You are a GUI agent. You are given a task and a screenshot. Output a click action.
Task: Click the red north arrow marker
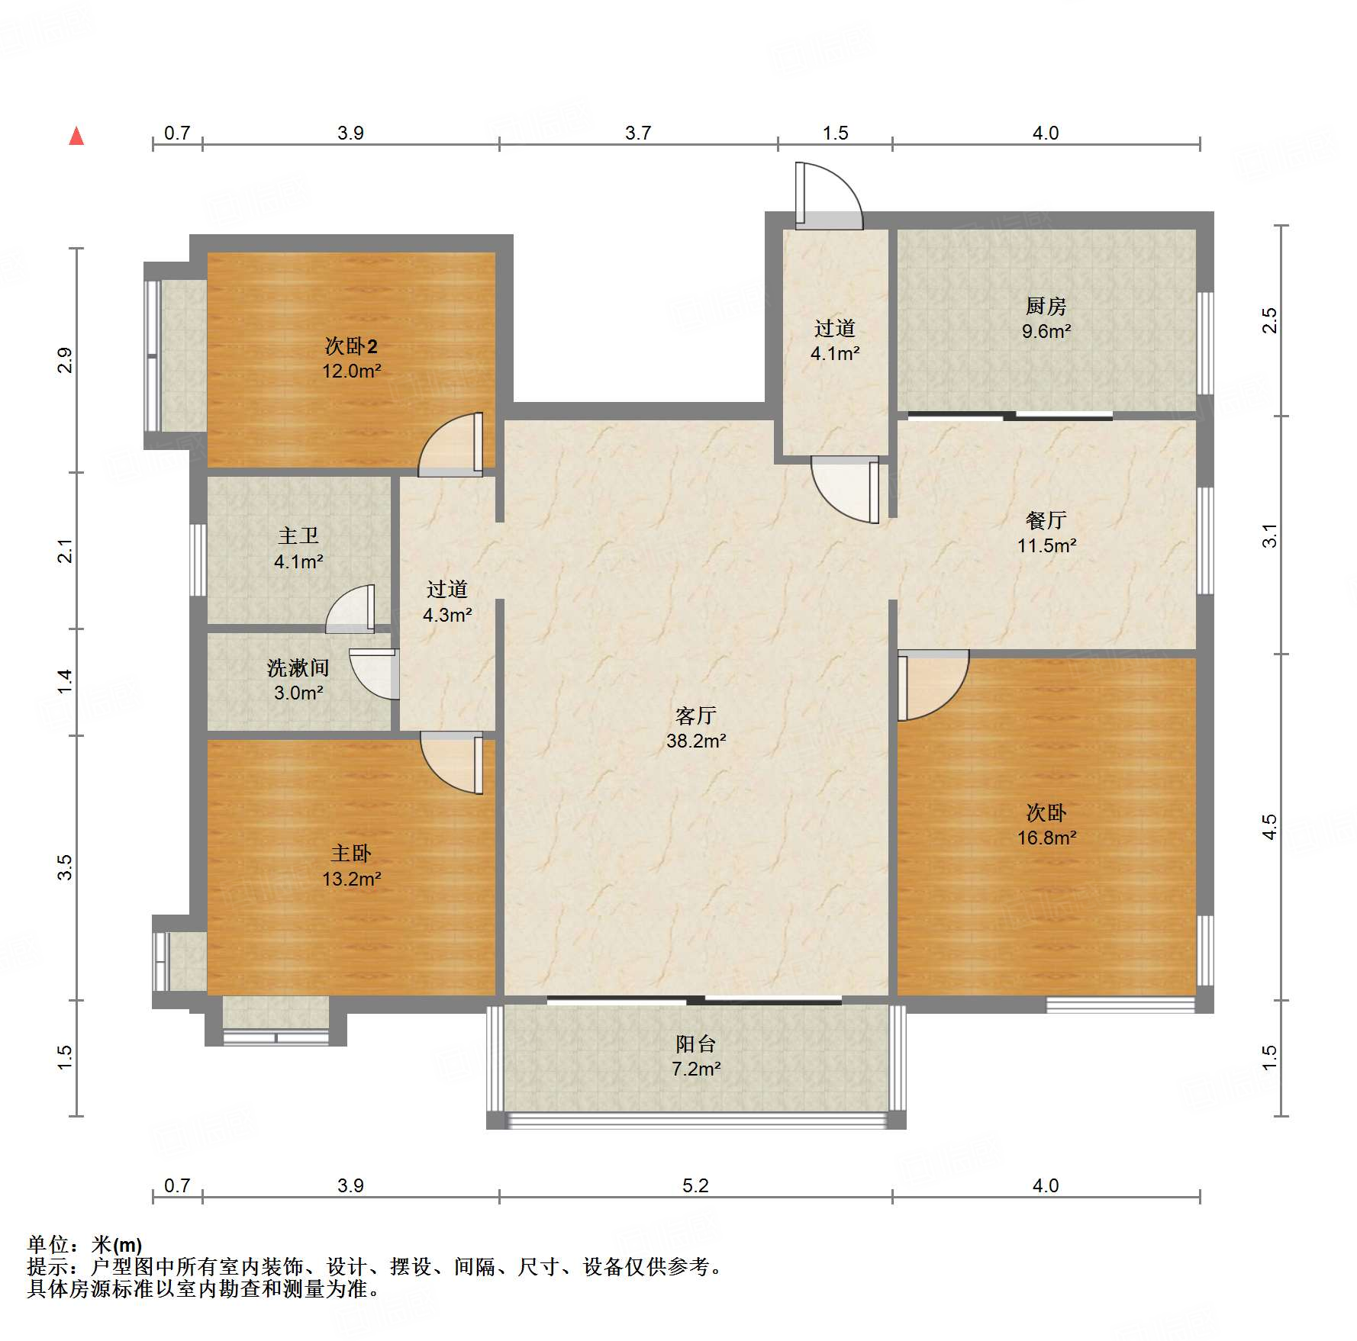(76, 137)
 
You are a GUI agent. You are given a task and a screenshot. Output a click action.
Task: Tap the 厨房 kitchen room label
(1046, 307)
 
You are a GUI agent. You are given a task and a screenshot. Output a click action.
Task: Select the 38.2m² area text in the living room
(695, 741)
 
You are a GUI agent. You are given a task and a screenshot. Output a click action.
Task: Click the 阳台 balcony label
(695, 1044)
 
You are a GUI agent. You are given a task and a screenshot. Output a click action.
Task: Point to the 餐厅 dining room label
(1046, 521)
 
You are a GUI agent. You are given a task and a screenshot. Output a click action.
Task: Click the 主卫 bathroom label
(298, 536)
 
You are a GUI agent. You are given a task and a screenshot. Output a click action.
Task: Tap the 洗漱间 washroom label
(298, 668)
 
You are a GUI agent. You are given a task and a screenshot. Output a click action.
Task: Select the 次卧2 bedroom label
(351, 346)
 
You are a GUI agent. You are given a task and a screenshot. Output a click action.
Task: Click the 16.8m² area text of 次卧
(1046, 838)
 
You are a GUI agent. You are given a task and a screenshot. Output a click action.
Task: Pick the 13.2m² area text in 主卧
(351, 879)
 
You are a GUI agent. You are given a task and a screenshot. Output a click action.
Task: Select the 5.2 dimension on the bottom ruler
(695, 1185)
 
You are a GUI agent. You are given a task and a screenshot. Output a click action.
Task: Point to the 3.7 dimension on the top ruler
(638, 133)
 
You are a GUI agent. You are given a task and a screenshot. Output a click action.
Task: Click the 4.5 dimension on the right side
(1268, 827)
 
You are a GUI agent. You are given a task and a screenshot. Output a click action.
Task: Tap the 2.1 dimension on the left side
(66, 551)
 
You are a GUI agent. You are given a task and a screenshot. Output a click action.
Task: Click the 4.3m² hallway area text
(447, 615)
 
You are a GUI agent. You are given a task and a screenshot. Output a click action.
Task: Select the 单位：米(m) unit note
(85, 1245)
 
